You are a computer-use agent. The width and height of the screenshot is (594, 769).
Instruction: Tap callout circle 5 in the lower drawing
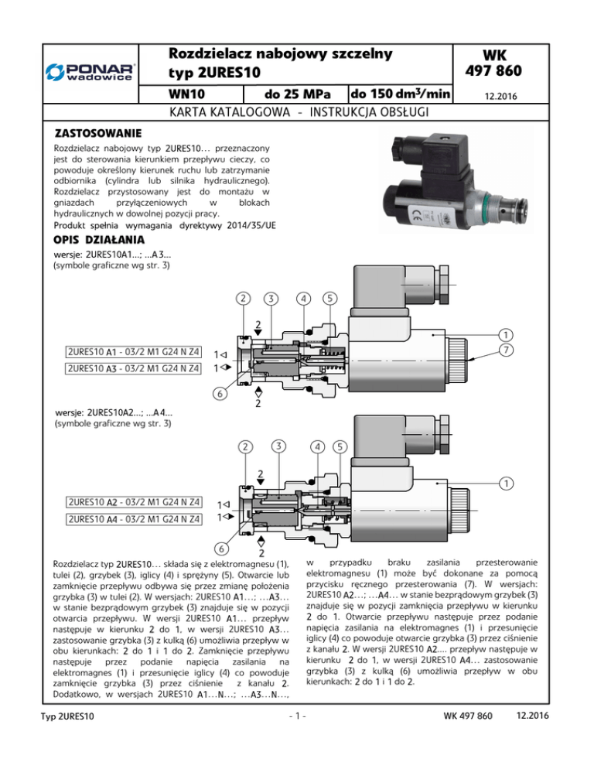(x=340, y=446)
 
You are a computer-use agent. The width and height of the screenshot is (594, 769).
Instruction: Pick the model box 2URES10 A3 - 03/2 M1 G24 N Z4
(x=125, y=369)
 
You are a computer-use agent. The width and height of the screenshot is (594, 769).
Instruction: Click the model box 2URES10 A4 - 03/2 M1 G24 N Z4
(x=125, y=519)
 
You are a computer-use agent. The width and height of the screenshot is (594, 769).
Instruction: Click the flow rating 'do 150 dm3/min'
(x=400, y=94)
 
